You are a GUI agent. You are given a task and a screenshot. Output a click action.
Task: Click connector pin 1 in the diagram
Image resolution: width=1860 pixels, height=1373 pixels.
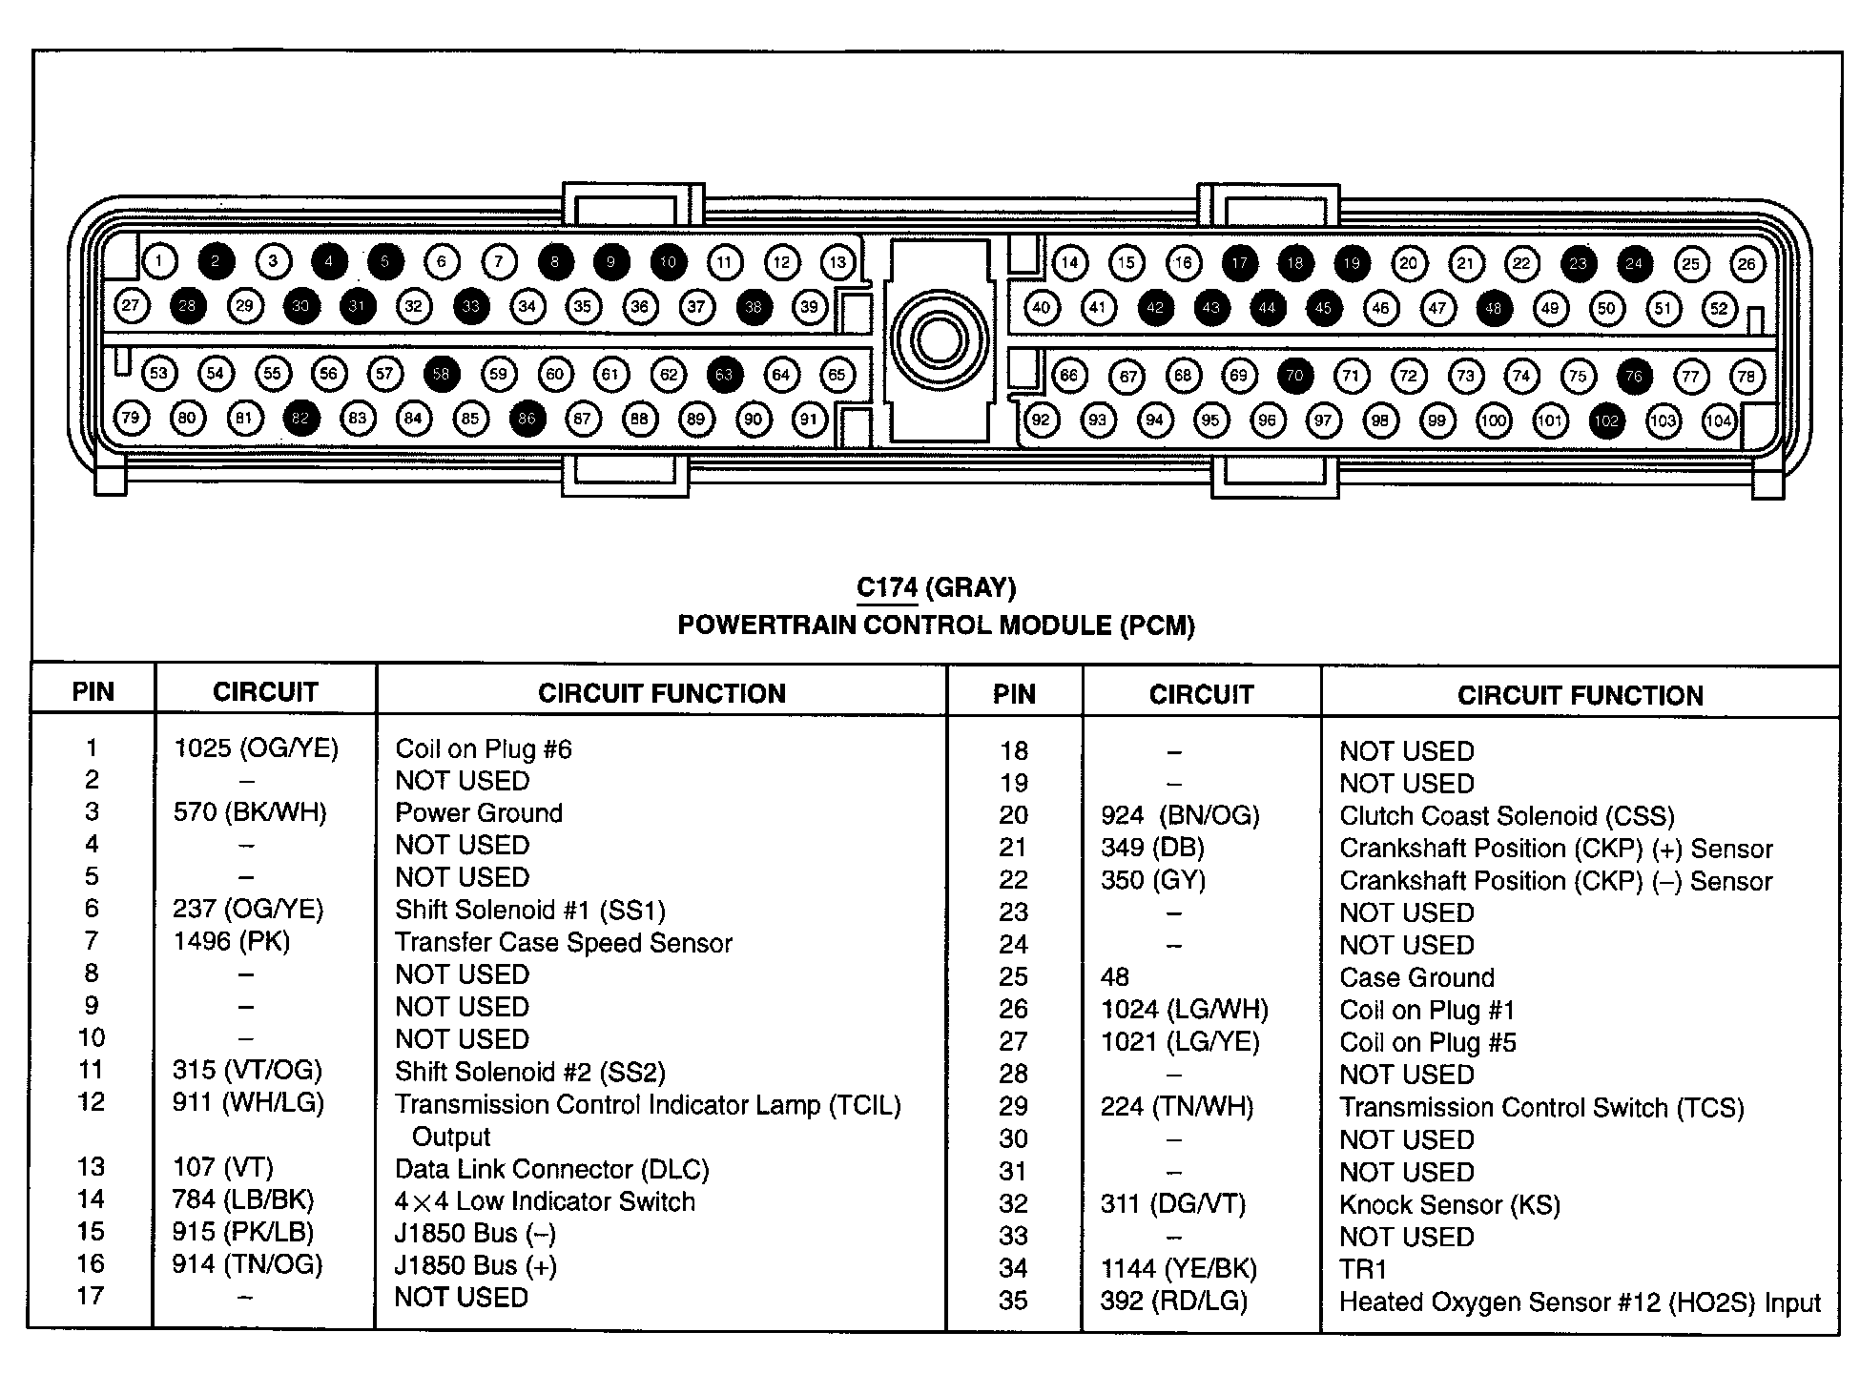pyautogui.click(x=160, y=260)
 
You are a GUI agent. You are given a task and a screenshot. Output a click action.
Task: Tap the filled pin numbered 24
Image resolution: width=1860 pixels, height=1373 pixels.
pyautogui.click(x=1635, y=263)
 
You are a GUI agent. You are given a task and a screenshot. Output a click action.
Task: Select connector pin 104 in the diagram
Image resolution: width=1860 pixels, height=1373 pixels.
pyautogui.click(x=1720, y=420)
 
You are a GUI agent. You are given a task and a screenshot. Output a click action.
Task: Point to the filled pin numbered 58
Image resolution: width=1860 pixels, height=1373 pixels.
pyautogui.click(x=441, y=374)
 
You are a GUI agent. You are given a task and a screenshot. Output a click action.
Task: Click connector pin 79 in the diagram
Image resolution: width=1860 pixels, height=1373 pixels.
pyautogui.click(x=131, y=418)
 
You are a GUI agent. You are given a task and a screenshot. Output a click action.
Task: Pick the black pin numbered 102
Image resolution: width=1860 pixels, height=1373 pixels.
pyautogui.click(x=1607, y=420)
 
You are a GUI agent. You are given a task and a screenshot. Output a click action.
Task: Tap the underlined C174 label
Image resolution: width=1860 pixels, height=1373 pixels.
pyautogui.click(x=886, y=587)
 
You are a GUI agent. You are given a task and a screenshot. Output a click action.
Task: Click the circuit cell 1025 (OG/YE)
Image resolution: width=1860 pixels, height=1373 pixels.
pyautogui.click(x=256, y=748)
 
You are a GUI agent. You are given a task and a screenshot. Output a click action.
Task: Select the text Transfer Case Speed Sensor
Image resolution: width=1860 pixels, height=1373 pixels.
pyautogui.click(x=564, y=943)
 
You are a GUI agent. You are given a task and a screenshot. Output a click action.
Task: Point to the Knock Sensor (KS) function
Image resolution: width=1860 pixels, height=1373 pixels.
pyautogui.click(x=1450, y=1205)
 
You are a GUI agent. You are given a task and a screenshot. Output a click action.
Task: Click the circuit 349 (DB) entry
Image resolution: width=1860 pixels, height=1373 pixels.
pyautogui.click(x=1152, y=848)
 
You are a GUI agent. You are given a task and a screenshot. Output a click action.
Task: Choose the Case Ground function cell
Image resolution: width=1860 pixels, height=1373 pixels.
pyautogui.click(x=1416, y=977)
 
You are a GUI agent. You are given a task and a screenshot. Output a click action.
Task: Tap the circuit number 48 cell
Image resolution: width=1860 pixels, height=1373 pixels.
pyautogui.click(x=1114, y=977)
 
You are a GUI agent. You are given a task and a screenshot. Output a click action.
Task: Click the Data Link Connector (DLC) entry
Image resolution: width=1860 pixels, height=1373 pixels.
pyautogui.click(x=552, y=1169)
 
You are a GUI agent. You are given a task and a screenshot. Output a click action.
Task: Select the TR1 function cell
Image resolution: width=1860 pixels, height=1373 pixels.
pyautogui.click(x=1363, y=1269)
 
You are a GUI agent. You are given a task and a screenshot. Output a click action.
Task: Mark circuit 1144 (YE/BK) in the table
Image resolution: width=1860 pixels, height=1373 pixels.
pyautogui.click(x=1179, y=1269)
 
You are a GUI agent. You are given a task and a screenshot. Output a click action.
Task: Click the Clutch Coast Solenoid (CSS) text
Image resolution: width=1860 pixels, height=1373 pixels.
pyautogui.click(x=1507, y=816)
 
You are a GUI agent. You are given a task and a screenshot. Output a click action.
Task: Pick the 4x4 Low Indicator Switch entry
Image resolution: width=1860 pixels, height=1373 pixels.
pyautogui.click(x=545, y=1201)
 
